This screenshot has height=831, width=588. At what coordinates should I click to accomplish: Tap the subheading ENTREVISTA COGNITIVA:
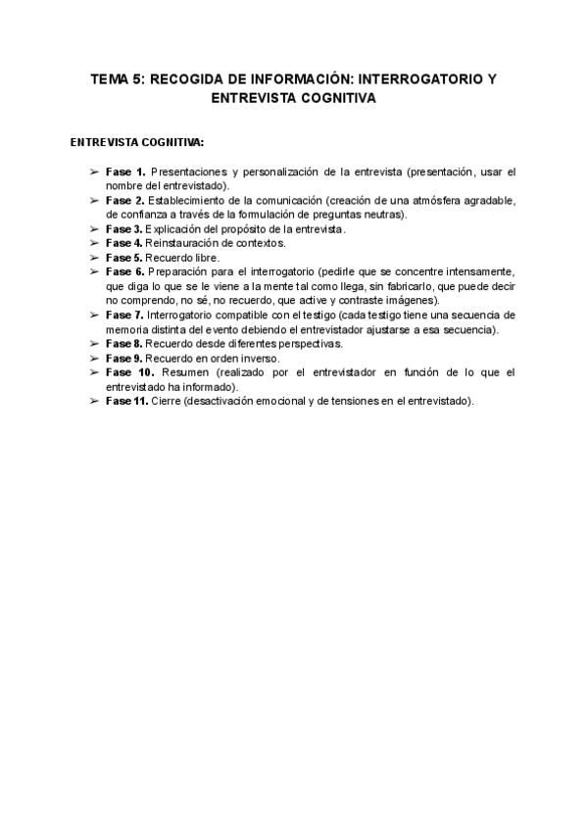pyautogui.click(x=137, y=142)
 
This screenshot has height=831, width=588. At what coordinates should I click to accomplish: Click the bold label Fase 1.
pyautogui.click(x=125, y=171)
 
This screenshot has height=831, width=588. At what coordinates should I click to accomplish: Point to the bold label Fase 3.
pyautogui.click(x=124, y=228)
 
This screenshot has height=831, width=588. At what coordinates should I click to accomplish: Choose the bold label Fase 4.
pyautogui.click(x=124, y=242)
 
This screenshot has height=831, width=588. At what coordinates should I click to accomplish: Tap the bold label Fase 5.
pyautogui.click(x=124, y=257)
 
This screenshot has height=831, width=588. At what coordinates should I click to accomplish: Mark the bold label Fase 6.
pyautogui.click(x=125, y=270)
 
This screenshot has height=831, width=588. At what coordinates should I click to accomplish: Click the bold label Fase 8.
pyautogui.click(x=124, y=344)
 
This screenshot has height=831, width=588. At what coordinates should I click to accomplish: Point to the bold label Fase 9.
pyautogui.click(x=124, y=359)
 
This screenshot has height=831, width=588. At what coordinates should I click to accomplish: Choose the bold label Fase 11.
pyautogui.click(x=127, y=402)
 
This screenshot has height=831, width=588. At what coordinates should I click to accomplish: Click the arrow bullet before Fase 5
pyautogui.click(x=94, y=257)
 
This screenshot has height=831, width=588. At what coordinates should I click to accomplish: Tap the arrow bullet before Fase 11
pyautogui.click(x=94, y=402)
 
